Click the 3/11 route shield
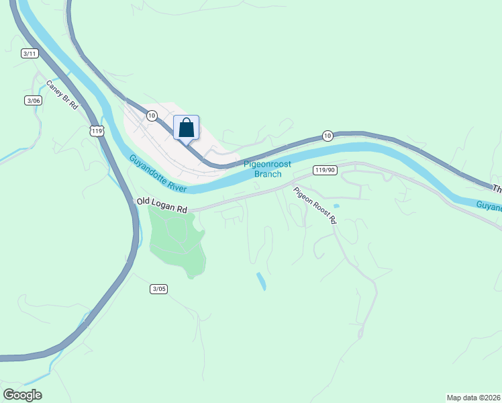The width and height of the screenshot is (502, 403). pos(29,54)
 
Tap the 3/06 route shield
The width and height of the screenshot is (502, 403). pos(33,100)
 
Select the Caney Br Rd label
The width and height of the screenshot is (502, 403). pos(62,95)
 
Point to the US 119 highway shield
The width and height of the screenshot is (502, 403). pos(98,130)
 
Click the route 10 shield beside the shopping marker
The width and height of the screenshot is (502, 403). pos(152,116)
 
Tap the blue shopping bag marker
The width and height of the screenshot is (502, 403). pos(187,127)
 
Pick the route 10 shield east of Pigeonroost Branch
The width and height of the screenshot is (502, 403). pos(327,136)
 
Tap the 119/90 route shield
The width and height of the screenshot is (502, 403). pos(324,171)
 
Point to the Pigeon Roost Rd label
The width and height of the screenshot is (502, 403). pos(314,206)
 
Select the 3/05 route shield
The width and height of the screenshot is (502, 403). pos(158,289)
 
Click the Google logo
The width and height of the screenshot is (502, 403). pos(22,395)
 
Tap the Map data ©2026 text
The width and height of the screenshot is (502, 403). pos(473,398)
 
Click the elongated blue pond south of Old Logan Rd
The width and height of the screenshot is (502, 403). pos(261,281)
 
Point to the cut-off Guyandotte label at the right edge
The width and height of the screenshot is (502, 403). pos(489,206)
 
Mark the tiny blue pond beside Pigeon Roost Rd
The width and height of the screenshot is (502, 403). pos(336,206)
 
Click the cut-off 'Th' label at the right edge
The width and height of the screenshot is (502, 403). pos(497,189)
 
